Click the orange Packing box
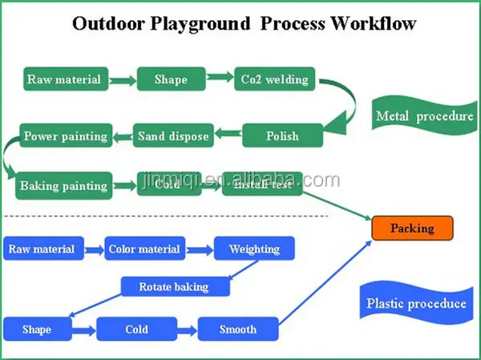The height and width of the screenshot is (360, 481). tap(412, 229)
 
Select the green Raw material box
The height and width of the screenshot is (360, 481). tap(64, 79)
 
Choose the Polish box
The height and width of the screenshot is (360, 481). tap(283, 136)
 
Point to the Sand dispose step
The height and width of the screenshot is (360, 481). tap(173, 136)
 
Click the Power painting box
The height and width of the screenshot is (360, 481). tap(65, 136)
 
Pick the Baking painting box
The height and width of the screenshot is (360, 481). tap(64, 185)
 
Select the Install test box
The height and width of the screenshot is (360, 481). tap(261, 185)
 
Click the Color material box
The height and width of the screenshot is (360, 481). tap(143, 249)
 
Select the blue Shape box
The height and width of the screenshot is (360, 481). tap(37, 329)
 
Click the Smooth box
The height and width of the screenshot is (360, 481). tap(238, 329)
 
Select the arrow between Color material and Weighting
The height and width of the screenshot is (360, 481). tap(199, 249)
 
